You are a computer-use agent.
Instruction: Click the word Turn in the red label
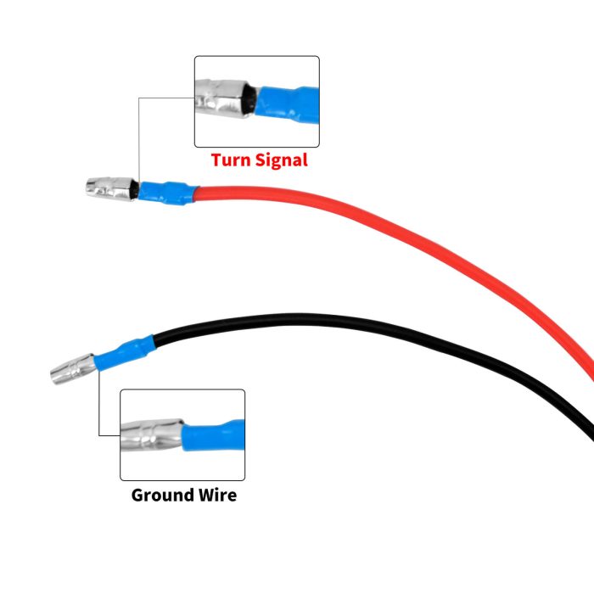231,160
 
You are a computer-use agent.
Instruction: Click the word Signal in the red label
280,160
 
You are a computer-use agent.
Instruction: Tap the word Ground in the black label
165,494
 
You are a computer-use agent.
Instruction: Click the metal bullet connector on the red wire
110,189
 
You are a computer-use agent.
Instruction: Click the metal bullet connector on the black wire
73,370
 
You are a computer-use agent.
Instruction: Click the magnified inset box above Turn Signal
257,102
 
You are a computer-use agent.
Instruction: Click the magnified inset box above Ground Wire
182,434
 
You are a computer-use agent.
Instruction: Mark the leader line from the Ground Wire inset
99,407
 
